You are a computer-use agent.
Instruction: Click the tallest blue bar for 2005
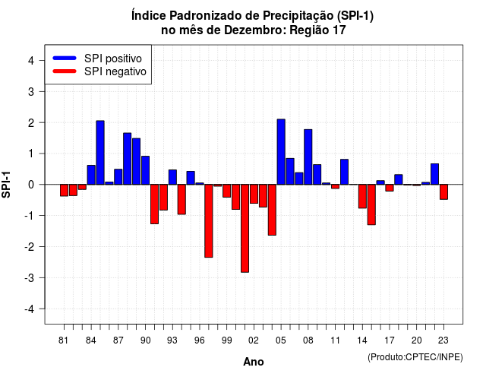[281, 152]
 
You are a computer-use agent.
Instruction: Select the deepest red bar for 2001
[245, 228]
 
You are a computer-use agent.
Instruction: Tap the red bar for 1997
[209, 221]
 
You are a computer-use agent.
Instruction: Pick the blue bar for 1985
[100, 153]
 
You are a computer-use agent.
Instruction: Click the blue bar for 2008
[308, 157]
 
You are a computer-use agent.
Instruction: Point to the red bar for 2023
[443, 192]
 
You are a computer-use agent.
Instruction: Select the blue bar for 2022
[435, 174]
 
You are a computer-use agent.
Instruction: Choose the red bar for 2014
[362, 196]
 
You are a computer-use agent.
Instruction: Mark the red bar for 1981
[64, 190]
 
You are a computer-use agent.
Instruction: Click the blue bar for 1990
[145, 170]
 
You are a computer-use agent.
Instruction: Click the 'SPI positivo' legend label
[113, 59]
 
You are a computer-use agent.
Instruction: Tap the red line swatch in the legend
[65, 71]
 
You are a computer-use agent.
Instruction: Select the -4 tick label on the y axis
[30, 309]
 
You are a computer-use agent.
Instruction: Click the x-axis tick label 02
[254, 340]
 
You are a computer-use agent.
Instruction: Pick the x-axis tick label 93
[172, 340]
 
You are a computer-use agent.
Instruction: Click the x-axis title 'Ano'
[254, 362]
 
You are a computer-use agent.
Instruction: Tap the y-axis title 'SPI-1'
[6, 185]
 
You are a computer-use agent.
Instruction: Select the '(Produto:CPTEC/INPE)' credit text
[415, 357]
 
